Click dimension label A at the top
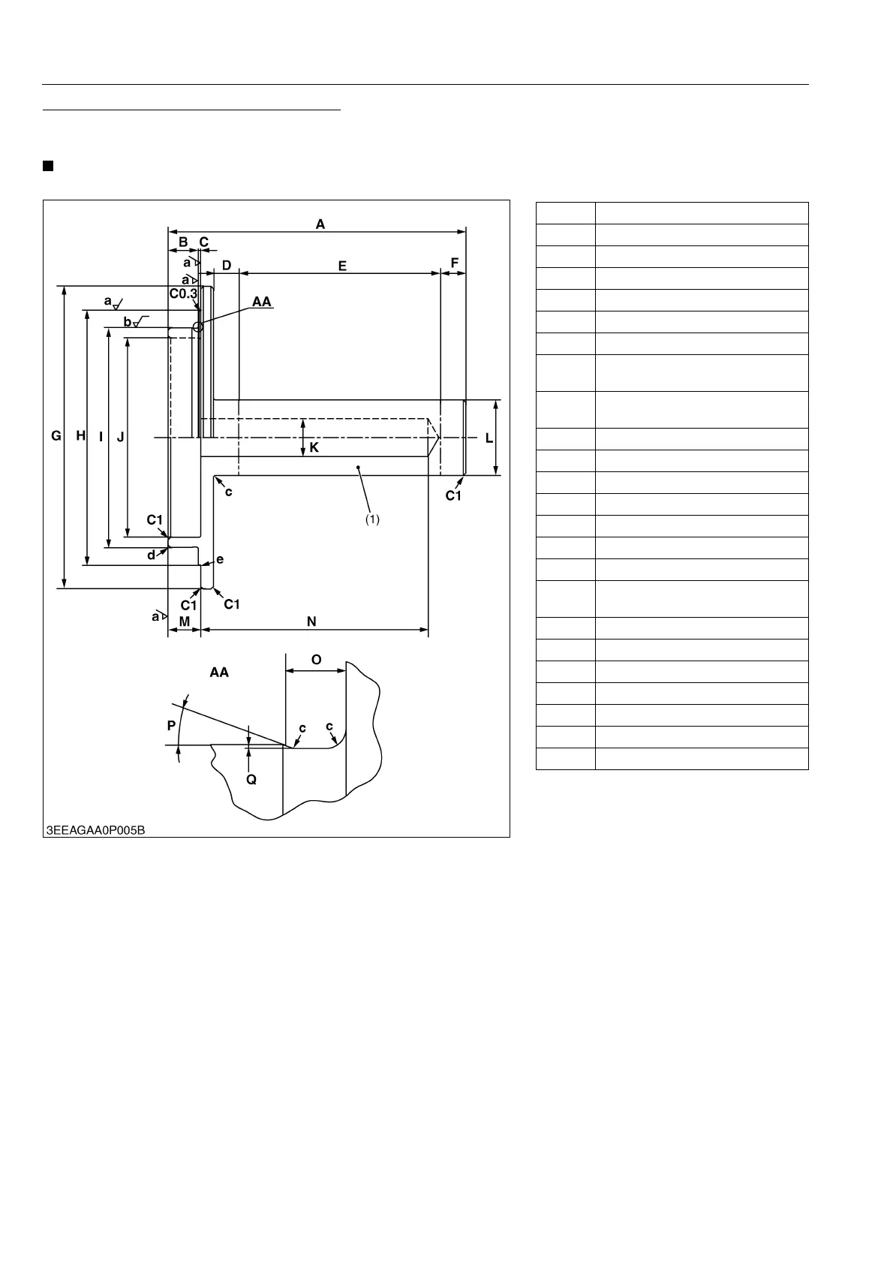click(320, 224)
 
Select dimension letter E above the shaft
click(342, 266)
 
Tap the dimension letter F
click(454, 263)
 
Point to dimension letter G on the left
click(56, 436)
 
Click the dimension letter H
click(80, 436)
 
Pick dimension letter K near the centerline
click(314, 447)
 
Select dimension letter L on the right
click(489, 438)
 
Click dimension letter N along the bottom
click(311, 621)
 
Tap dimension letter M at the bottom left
click(184, 621)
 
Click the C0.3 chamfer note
click(183, 293)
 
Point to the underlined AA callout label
click(262, 302)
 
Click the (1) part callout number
click(373, 519)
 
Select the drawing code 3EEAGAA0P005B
click(95, 830)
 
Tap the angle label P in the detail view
click(171, 726)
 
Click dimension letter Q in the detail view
click(251, 780)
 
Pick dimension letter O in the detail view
click(316, 660)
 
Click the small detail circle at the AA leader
click(198, 327)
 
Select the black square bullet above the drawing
click(47, 166)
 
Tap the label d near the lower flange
click(152, 555)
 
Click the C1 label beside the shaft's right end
click(453, 496)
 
